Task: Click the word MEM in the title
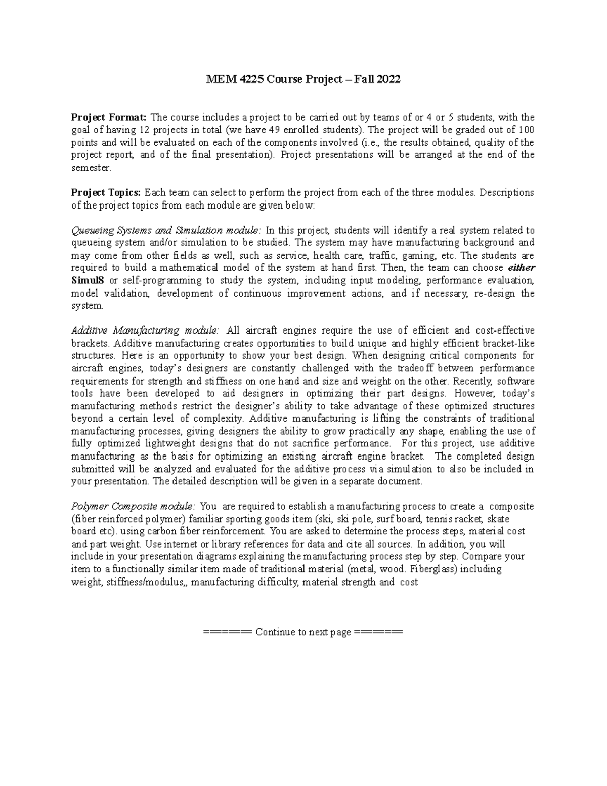218,79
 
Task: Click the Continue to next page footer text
303,632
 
